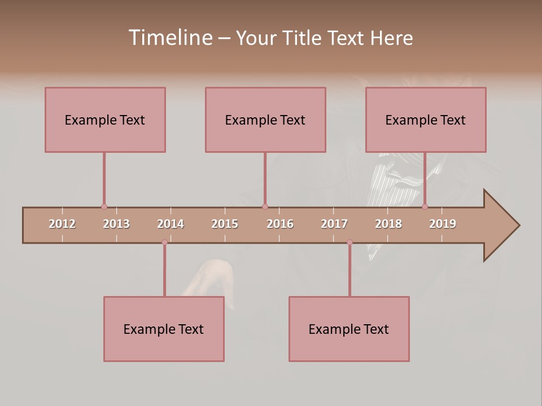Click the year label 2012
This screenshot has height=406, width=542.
(x=62, y=224)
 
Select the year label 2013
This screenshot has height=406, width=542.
(x=116, y=224)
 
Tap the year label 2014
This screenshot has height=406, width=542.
(x=171, y=224)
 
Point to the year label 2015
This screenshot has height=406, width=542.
(x=225, y=224)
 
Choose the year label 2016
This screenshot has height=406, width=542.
(x=280, y=224)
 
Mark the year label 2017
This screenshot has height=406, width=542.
(x=334, y=224)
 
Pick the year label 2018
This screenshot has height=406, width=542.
(x=388, y=224)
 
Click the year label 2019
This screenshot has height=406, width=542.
(x=443, y=224)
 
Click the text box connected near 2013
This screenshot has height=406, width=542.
(x=105, y=120)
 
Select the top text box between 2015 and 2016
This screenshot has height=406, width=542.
(x=265, y=120)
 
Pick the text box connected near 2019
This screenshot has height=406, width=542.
(x=426, y=120)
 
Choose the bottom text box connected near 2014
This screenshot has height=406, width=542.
(x=164, y=329)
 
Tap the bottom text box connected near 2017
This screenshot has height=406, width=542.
(x=349, y=329)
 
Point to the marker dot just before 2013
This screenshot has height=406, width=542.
(x=104, y=207)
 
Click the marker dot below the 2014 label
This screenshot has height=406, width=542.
(x=164, y=242)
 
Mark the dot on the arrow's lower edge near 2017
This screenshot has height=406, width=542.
(x=349, y=242)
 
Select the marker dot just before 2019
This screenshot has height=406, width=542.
(x=425, y=207)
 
